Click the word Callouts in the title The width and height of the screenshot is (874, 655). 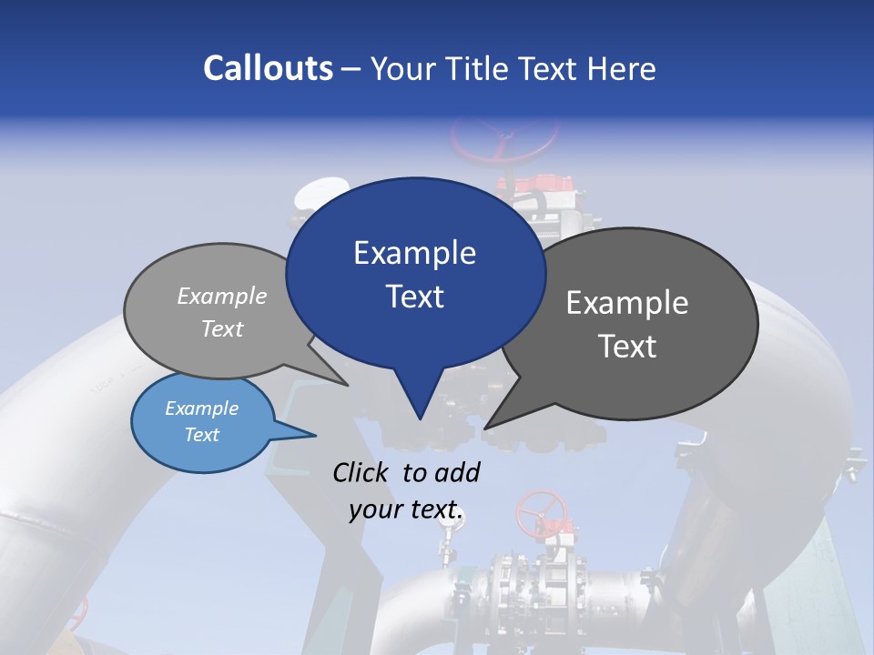coord(268,68)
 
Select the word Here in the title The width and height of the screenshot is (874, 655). coord(620,68)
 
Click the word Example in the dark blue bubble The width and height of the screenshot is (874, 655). coord(414,253)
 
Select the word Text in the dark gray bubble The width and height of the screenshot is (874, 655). coord(627,347)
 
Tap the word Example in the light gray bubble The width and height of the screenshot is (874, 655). coord(221,297)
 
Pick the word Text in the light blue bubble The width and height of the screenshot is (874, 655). coord(201,435)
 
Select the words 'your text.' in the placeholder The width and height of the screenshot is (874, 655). coord(406,510)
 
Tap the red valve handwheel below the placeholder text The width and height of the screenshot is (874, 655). coord(541,513)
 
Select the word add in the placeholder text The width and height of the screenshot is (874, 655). coord(458,472)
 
